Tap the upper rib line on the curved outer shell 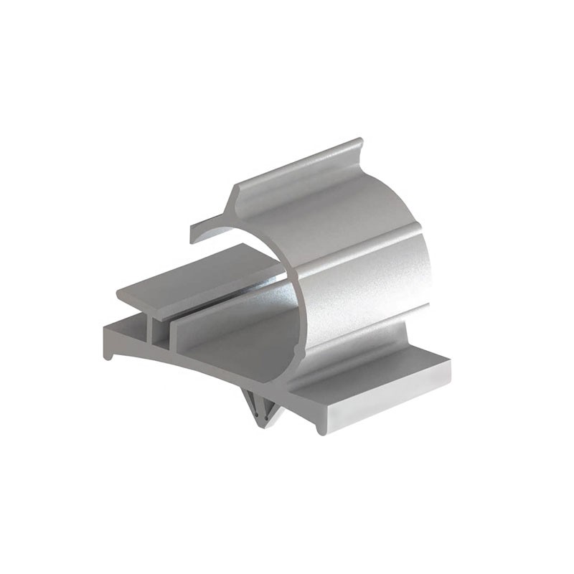coord(359,240)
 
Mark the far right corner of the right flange coord(448,359)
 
